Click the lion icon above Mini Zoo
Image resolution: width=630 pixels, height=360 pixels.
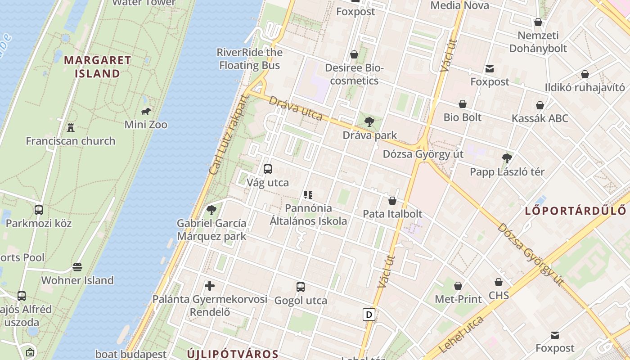[145, 111]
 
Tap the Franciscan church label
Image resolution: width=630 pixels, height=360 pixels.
[70, 141]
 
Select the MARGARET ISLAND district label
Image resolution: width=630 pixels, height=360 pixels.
[98, 67]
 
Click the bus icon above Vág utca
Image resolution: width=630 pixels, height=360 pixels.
[268, 169]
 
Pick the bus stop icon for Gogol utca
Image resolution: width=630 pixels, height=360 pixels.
[301, 287]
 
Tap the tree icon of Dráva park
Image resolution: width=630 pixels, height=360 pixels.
[369, 121]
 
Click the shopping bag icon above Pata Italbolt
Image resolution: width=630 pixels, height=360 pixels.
[392, 200]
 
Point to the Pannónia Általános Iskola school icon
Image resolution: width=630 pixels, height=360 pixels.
[308, 195]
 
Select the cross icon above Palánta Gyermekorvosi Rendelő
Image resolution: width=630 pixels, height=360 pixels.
[210, 285]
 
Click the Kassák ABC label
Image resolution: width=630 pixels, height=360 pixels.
[540, 118]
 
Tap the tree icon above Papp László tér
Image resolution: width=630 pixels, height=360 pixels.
[507, 158]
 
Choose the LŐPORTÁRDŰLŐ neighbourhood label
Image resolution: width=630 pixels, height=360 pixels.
[576, 210]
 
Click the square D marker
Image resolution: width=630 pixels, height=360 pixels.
[369, 314]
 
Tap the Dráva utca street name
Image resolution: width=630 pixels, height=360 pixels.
[296, 108]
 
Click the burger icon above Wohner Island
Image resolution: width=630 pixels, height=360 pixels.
[77, 267]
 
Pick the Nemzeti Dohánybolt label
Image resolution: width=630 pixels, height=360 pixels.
[538, 42]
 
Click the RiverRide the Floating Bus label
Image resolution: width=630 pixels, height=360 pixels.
[250, 58]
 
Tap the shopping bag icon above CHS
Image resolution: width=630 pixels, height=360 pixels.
[499, 282]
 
